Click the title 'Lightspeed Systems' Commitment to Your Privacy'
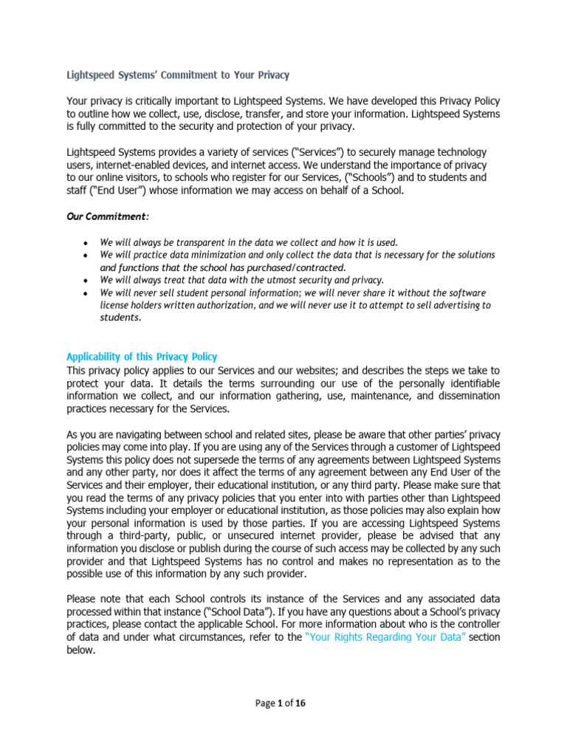coord(178,75)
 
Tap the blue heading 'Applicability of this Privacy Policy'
coord(142,357)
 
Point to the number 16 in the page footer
coord(300,704)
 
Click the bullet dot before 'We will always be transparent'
coord(87,242)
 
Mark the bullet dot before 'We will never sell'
coord(87,292)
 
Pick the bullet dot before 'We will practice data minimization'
coord(87,255)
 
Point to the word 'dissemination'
coord(464,396)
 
